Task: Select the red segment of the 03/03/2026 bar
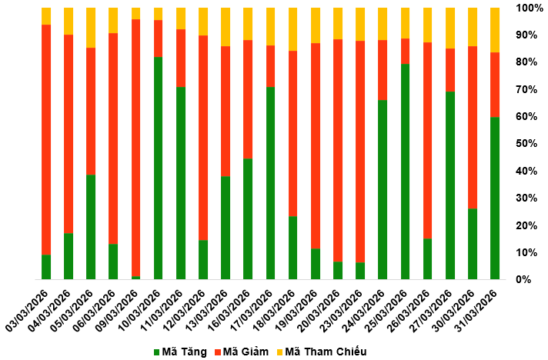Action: pyautogui.click(x=46, y=139)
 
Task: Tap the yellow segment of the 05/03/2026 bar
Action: pyautogui.click(x=91, y=28)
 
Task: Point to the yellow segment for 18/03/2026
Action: pyautogui.click(x=292, y=29)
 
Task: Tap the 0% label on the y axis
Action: pyautogui.click(x=523, y=280)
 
